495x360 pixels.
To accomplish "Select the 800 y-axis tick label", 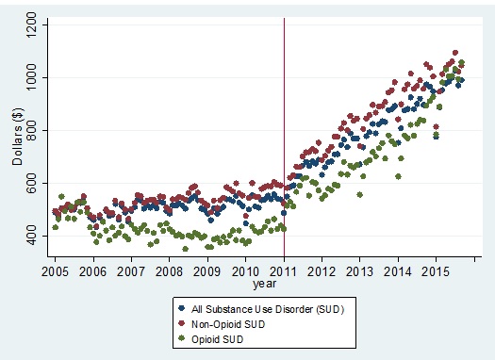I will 35,130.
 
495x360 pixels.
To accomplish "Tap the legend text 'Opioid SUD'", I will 219,335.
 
